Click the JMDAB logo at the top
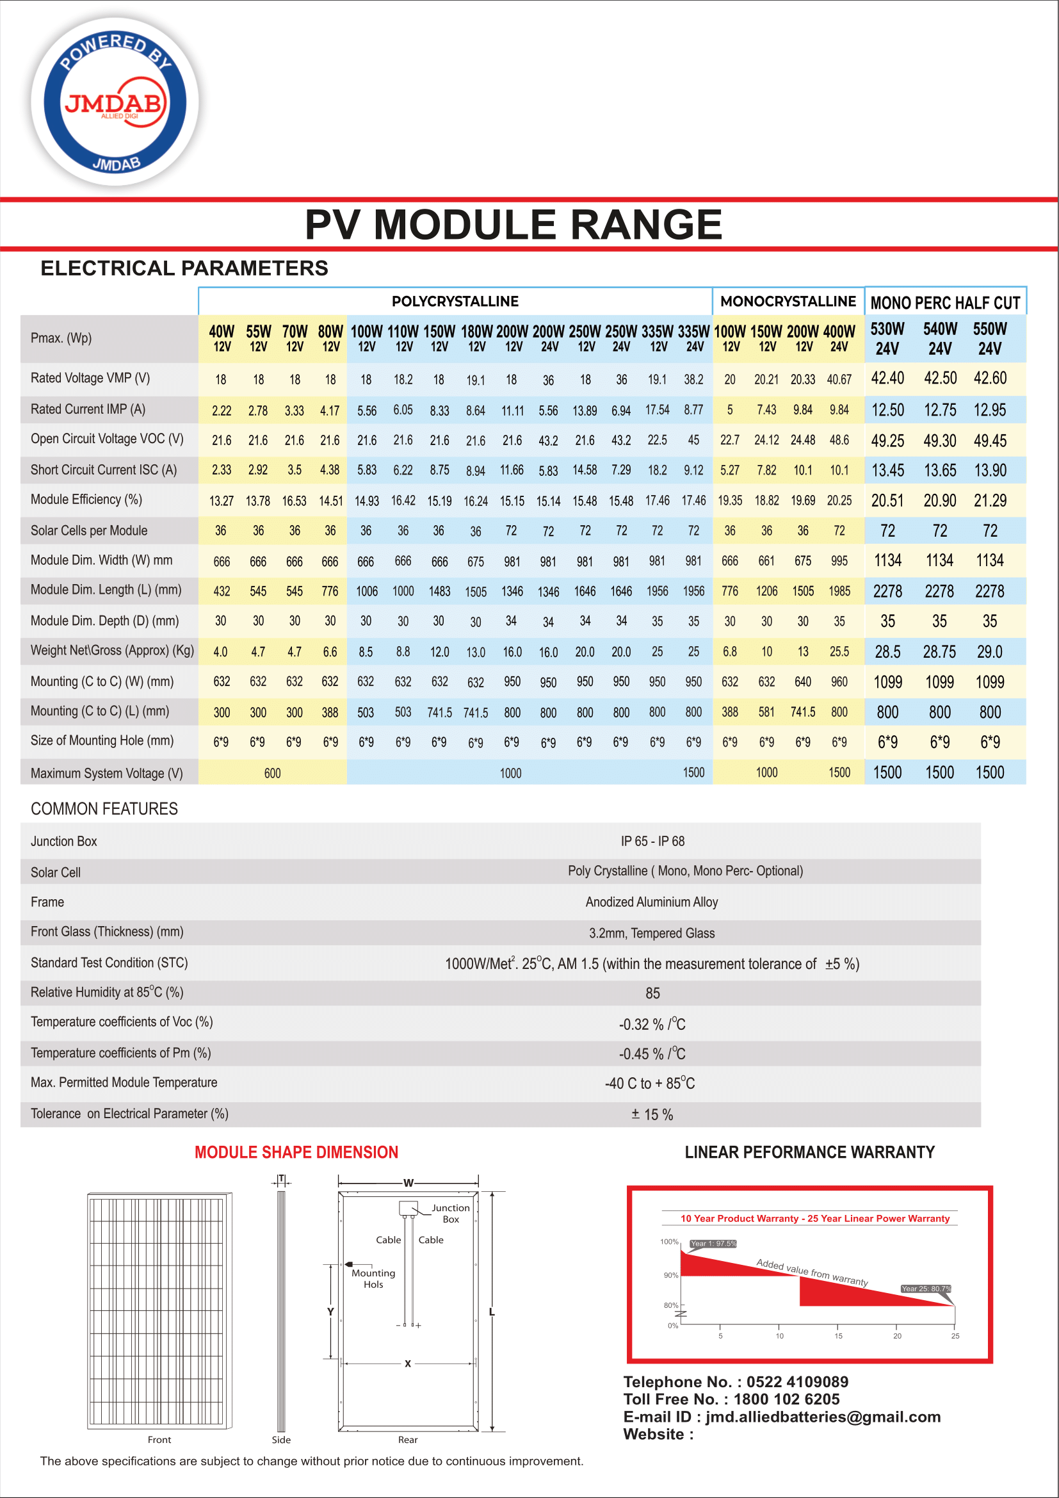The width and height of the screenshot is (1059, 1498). (115, 102)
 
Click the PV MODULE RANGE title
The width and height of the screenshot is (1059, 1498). (513, 224)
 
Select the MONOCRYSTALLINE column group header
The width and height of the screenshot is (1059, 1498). (788, 302)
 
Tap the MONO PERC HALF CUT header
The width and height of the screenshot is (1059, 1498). (945, 303)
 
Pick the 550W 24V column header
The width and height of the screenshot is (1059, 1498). (989, 338)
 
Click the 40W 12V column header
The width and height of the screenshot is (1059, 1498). (222, 338)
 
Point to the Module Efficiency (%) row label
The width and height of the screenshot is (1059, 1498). (86, 500)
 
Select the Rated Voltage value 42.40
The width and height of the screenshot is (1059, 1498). (887, 379)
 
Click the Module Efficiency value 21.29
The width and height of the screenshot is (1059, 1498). (989, 500)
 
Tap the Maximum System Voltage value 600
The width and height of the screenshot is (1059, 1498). (273, 773)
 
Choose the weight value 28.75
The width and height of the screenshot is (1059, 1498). (939, 652)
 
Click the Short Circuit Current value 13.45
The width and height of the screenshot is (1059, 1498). (887, 471)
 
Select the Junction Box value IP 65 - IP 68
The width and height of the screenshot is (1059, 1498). (652, 841)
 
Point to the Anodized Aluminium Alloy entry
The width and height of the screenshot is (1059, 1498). (651, 902)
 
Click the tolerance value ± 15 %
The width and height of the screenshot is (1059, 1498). (652, 1114)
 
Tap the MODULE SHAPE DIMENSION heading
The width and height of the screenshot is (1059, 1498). (296, 1152)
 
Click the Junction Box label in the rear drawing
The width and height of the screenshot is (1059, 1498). (451, 1214)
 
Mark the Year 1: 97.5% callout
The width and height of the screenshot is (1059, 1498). (713, 1244)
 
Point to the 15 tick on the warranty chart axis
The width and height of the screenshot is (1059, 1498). (838, 1335)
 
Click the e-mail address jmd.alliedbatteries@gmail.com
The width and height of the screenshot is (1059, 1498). (823, 1417)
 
